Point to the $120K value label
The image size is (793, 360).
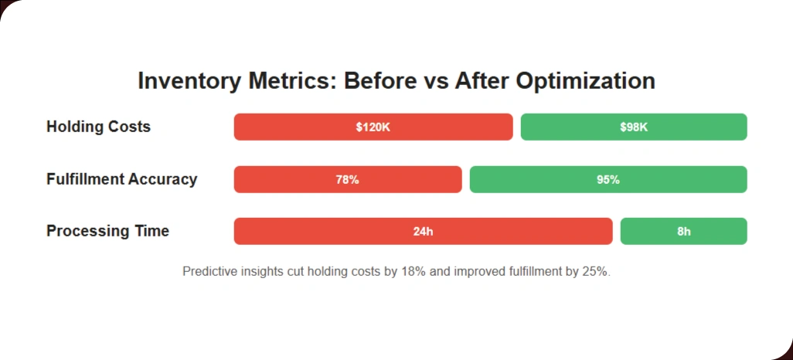[x=373, y=127]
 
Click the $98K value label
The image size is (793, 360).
[x=634, y=127]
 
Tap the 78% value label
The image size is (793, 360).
[x=347, y=179]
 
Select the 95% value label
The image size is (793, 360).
[x=608, y=179]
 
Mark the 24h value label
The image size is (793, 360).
[x=423, y=231]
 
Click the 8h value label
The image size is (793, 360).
[x=684, y=231]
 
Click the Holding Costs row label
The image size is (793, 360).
[x=98, y=127]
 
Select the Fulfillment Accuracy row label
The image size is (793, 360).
[x=121, y=179]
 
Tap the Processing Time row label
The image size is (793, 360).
[x=107, y=231]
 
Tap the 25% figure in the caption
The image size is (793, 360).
[x=596, y=272]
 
